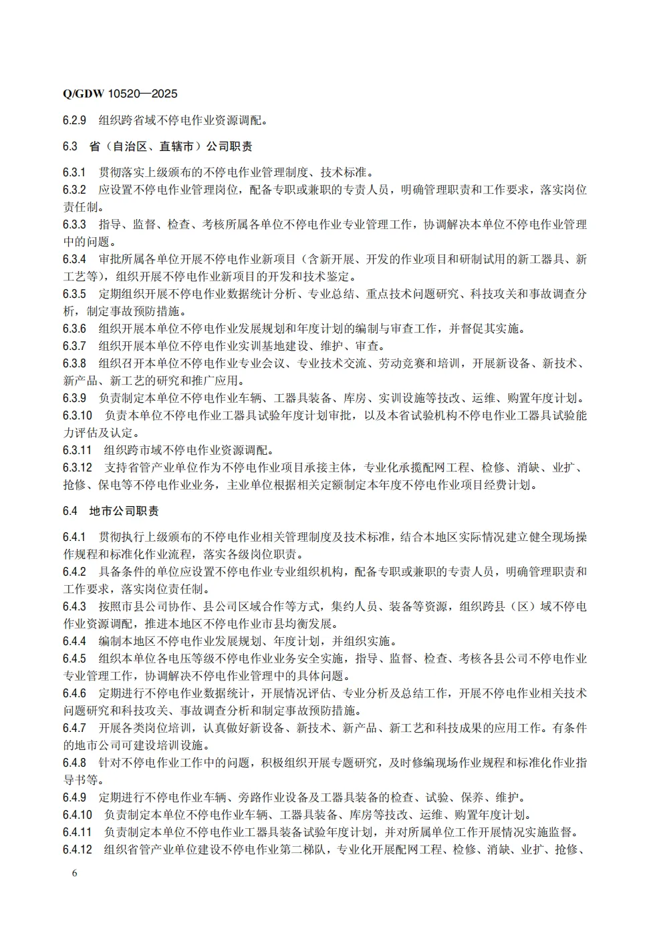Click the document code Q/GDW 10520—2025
pos(120,94)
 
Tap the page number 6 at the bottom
pos(74,874)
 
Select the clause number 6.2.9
pos(75,120)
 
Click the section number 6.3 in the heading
pos(70,146)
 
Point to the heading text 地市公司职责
pos(124,511)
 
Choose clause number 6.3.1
pos(75,172)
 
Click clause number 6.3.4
pos(75,259)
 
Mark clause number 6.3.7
pos(75,346)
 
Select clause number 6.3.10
pos(78,415)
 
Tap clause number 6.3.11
pos(78,450)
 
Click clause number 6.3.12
pos(78,467)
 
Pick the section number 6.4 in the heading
pos(70,511)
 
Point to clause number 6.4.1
pos(75,537)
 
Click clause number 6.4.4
pos(75,641)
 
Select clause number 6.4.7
pos(75,728)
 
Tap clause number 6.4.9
pos(75,797)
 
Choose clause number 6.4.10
pos(78,815)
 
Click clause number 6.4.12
pos(78,850)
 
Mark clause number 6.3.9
pos(75,398)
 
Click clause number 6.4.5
pos(75,659)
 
